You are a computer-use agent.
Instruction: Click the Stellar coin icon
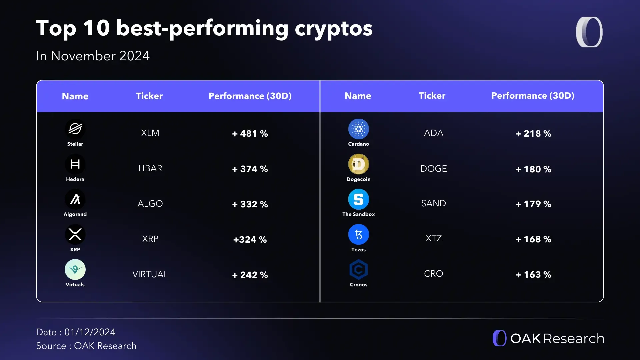pyautogui.click(x=75, y=129)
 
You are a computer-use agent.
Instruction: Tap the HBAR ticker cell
pyautogui.click(x=150, y=168)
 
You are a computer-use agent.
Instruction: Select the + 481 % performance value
pyautogui.click(x=250, y=134)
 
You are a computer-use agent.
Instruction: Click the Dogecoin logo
pyautogui.click(x=358, y=164)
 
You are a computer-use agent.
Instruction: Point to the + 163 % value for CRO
pyautogui.click(x=533, y=275)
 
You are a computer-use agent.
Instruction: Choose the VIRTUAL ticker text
pyautogui.click(x=150, y=274)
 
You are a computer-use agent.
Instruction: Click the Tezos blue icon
pyautogui.click(x=358, y=234)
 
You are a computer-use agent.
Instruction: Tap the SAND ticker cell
pyautogui.click(x=433, y=203)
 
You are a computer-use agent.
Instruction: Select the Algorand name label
pyautogui.click(x=75, y=214)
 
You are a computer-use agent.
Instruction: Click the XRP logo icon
pyautogui.click(x=75, y=234)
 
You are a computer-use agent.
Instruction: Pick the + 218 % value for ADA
pyautogui.click(x=533, y=134)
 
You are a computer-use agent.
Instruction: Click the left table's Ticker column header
pyautogui.click(x=149, y=96)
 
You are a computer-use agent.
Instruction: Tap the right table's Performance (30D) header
pyautogui.click(x=533, y=96)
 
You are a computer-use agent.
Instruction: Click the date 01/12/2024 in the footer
pyautogui.click(x=90, y=332)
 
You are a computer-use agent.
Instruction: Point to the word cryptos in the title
pyautogui.click(x=333, y=28)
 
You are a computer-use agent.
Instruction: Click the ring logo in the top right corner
pyautogui.click(x=589, y=32)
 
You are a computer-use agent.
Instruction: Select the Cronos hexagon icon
pyautogui.click(x=358, y=270)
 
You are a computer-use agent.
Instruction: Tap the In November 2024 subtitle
pyautogui.click(x=93, y=56)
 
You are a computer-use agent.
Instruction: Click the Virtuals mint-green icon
pyautogui.click(x=75, y=269)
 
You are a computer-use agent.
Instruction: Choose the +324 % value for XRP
pyautogui.click(x=250, y=240)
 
